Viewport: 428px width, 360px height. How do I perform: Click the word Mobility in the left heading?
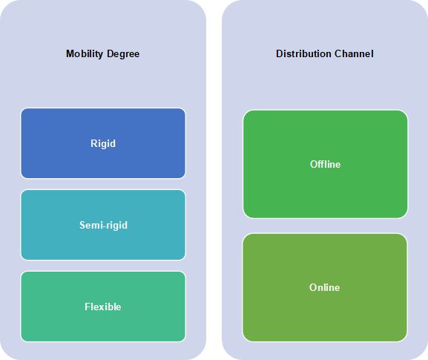coord(85,54)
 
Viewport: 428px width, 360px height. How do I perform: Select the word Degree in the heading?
coord(123,54)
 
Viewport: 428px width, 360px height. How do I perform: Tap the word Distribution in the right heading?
coord(303,53)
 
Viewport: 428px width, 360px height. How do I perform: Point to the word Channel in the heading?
coord(354,53)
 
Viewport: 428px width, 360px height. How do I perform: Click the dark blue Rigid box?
coord(103,143)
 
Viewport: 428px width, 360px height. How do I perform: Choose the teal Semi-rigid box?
coord(103,225)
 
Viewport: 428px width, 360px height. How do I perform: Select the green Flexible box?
coord(103,307)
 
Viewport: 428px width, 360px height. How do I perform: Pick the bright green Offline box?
coord(326,164)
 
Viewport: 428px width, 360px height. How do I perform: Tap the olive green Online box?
coord(325,287)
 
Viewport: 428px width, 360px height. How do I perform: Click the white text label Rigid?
coord(103,144)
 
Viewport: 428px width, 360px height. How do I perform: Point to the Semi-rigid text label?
coord(103,226)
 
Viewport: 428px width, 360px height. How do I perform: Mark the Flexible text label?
coord(103,307)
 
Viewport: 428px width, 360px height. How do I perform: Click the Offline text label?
coord(326,164)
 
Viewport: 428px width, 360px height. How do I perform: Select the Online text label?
coord(325,287)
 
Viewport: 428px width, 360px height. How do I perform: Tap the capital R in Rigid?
coord(94,143)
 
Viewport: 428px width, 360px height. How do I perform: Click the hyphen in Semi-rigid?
coord(105,226)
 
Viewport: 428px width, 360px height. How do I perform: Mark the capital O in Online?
coord(313,287)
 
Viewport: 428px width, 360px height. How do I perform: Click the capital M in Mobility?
coord(70,53)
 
